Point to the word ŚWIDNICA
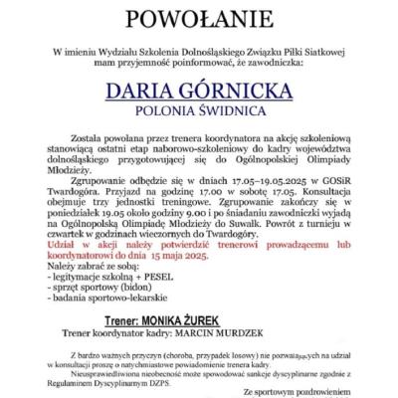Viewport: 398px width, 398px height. [232, 110]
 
